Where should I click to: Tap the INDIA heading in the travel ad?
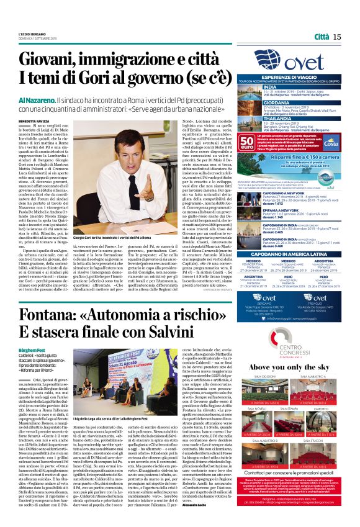point(271,87)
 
